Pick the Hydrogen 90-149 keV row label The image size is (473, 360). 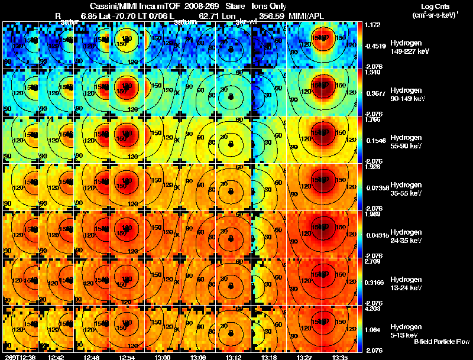[407, 94]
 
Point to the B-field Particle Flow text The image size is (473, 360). [441, 342]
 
